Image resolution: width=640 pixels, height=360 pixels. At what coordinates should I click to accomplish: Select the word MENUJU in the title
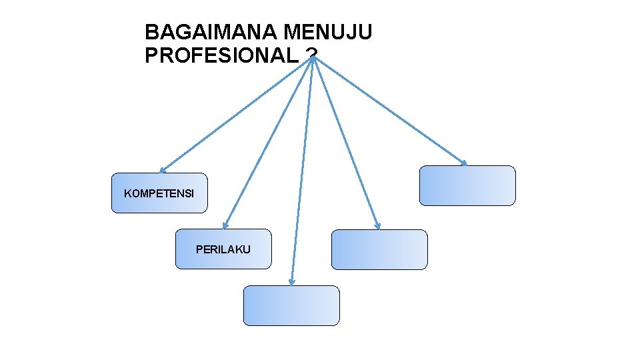click(x=328, y=32)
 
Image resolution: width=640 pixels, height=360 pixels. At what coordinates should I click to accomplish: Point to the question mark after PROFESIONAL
click(x=311, y=56)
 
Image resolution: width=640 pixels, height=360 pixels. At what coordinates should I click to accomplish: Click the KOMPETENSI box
click(x=159, y=193)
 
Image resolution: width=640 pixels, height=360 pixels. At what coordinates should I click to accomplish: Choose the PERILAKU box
click(x=223, y=249)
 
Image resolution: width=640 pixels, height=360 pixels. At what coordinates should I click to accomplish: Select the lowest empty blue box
click(x=291, y=305)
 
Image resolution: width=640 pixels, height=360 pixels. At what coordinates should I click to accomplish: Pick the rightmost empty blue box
click(x=467, y=185)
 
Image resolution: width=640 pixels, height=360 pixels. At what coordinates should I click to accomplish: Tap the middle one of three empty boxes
click(x=379, y=249)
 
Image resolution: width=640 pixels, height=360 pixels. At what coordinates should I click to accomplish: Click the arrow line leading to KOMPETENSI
click(x=237, y=115)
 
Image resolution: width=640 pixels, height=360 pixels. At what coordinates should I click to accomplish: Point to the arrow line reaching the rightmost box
click(x=390, y=111)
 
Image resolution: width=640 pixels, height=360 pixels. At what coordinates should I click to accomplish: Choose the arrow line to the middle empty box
click(x=346, y=143)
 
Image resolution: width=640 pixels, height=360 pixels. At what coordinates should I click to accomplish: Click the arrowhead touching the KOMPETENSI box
click(x=162, y=171)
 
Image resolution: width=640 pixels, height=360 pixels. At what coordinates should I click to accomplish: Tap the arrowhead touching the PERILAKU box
click(x=225, y=226)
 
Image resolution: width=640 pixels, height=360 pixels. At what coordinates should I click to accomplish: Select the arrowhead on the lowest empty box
click(x=291, y=283)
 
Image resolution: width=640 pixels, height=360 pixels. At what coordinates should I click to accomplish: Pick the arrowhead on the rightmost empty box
click(x=465, y=163)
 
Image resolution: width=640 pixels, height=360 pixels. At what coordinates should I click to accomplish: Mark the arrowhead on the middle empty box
click(x=377, y=227)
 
